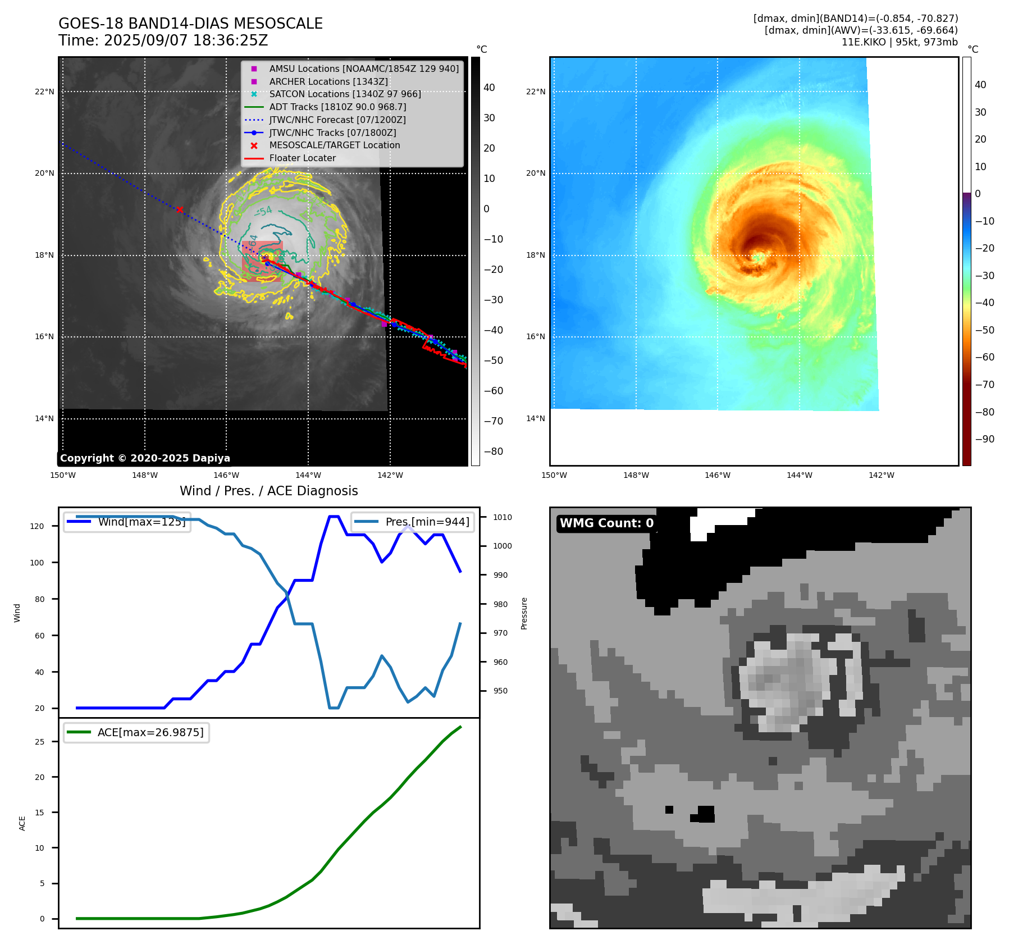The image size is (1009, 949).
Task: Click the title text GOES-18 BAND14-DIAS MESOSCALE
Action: (x=190, y=24)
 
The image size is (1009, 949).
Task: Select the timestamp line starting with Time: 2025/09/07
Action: (x=163, y=41)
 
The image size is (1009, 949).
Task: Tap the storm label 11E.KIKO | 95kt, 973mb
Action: (x=900, y=42)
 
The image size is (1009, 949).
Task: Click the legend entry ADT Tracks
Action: (x=337, y=107)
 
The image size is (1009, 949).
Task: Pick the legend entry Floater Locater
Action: (x=302, y=158)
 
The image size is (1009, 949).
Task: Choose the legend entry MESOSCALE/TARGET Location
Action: (x=334, y=145)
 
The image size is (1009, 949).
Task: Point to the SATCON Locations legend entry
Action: (x=345, y=94)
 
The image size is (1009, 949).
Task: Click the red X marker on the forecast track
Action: (x=180, y=210)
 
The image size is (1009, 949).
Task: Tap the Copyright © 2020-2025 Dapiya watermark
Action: (x=145, y=458)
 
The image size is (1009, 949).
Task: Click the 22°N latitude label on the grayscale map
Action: (x=44, y=92)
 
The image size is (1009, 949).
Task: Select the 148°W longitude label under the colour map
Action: (x=636, y=475)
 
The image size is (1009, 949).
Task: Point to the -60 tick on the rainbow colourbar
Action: (x=984, y=357)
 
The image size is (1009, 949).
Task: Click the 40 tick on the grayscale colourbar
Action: (x=489, y=88)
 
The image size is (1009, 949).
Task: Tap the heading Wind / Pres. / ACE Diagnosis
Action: (x=268, y=491)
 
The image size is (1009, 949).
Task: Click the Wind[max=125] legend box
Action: (x=127, y=522)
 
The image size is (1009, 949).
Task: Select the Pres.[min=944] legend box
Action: (x=413, y=522)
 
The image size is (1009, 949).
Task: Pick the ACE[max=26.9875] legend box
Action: (x=136, y=732)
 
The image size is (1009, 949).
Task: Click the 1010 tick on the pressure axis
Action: (x=503, y=517)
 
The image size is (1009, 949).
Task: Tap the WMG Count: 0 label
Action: (x=606, y=523)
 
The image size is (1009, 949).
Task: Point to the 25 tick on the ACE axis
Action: (x=39, y=742)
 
